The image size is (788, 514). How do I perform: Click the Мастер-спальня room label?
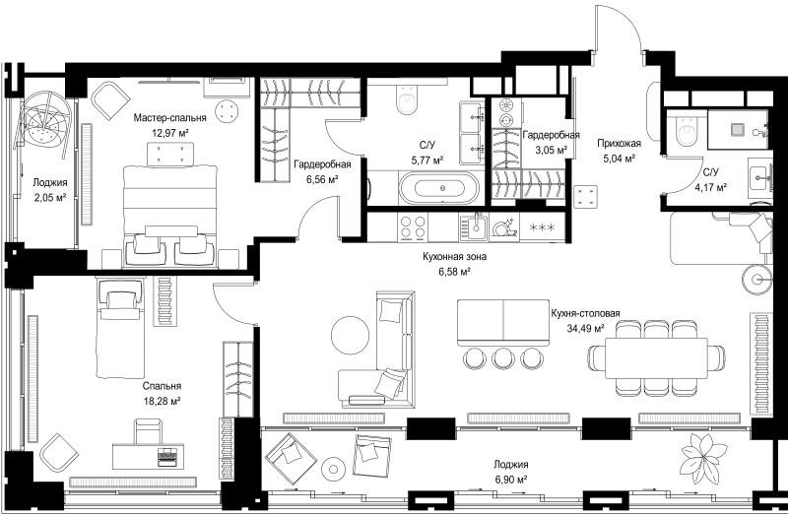[x=169, y=118]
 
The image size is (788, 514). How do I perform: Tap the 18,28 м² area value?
[x=163, y=401]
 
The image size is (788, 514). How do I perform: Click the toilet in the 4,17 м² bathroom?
[x=687, y=132]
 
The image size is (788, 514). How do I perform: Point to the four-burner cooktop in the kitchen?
[x=412, y=227]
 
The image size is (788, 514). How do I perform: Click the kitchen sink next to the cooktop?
[x=473, y=227]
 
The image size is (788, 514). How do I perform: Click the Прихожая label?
[x=619, y=144]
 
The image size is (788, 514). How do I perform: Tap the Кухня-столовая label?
[x=585, y=313]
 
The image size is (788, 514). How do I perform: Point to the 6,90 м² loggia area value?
[x=510, y=480]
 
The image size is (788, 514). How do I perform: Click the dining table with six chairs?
[x=656, y=358]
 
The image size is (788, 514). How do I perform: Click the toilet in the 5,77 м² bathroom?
[x=407, y=99]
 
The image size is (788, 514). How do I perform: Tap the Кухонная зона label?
[x=454, y=257]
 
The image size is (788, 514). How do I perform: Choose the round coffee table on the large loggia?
[x=333, y=470]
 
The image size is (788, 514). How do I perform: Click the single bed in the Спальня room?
[x=120, y=328]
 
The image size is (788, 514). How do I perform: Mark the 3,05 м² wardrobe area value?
[x=552, y=150]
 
